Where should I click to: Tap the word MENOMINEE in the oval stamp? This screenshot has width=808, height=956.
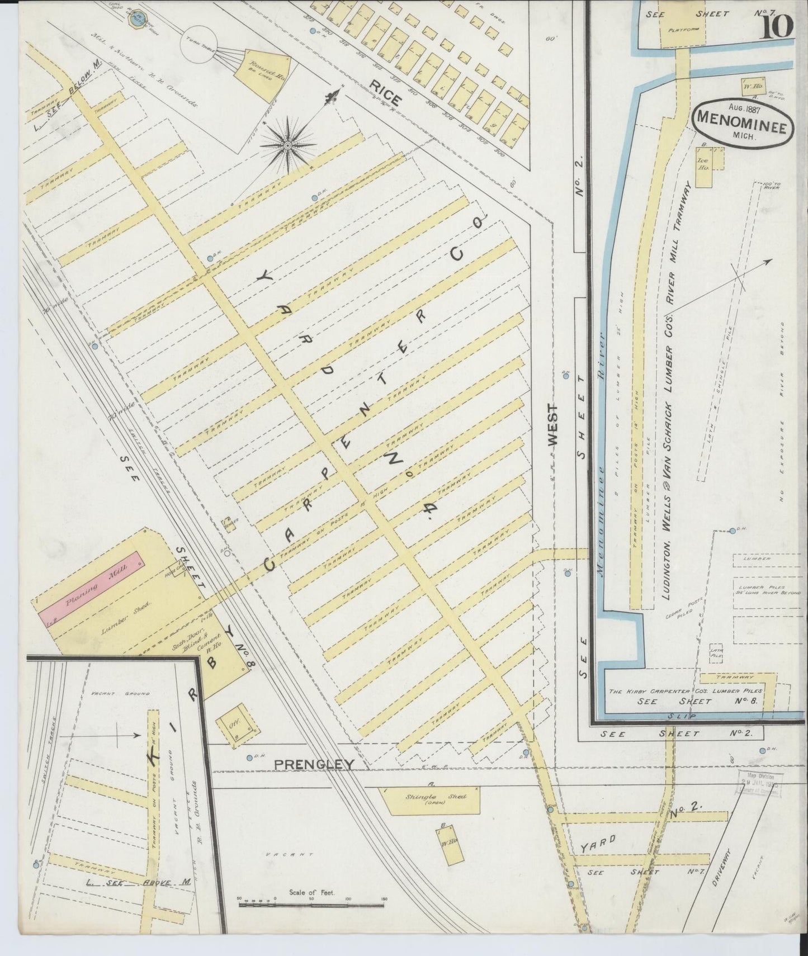point(741,127)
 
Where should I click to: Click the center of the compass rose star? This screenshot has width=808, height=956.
point(287,145)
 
